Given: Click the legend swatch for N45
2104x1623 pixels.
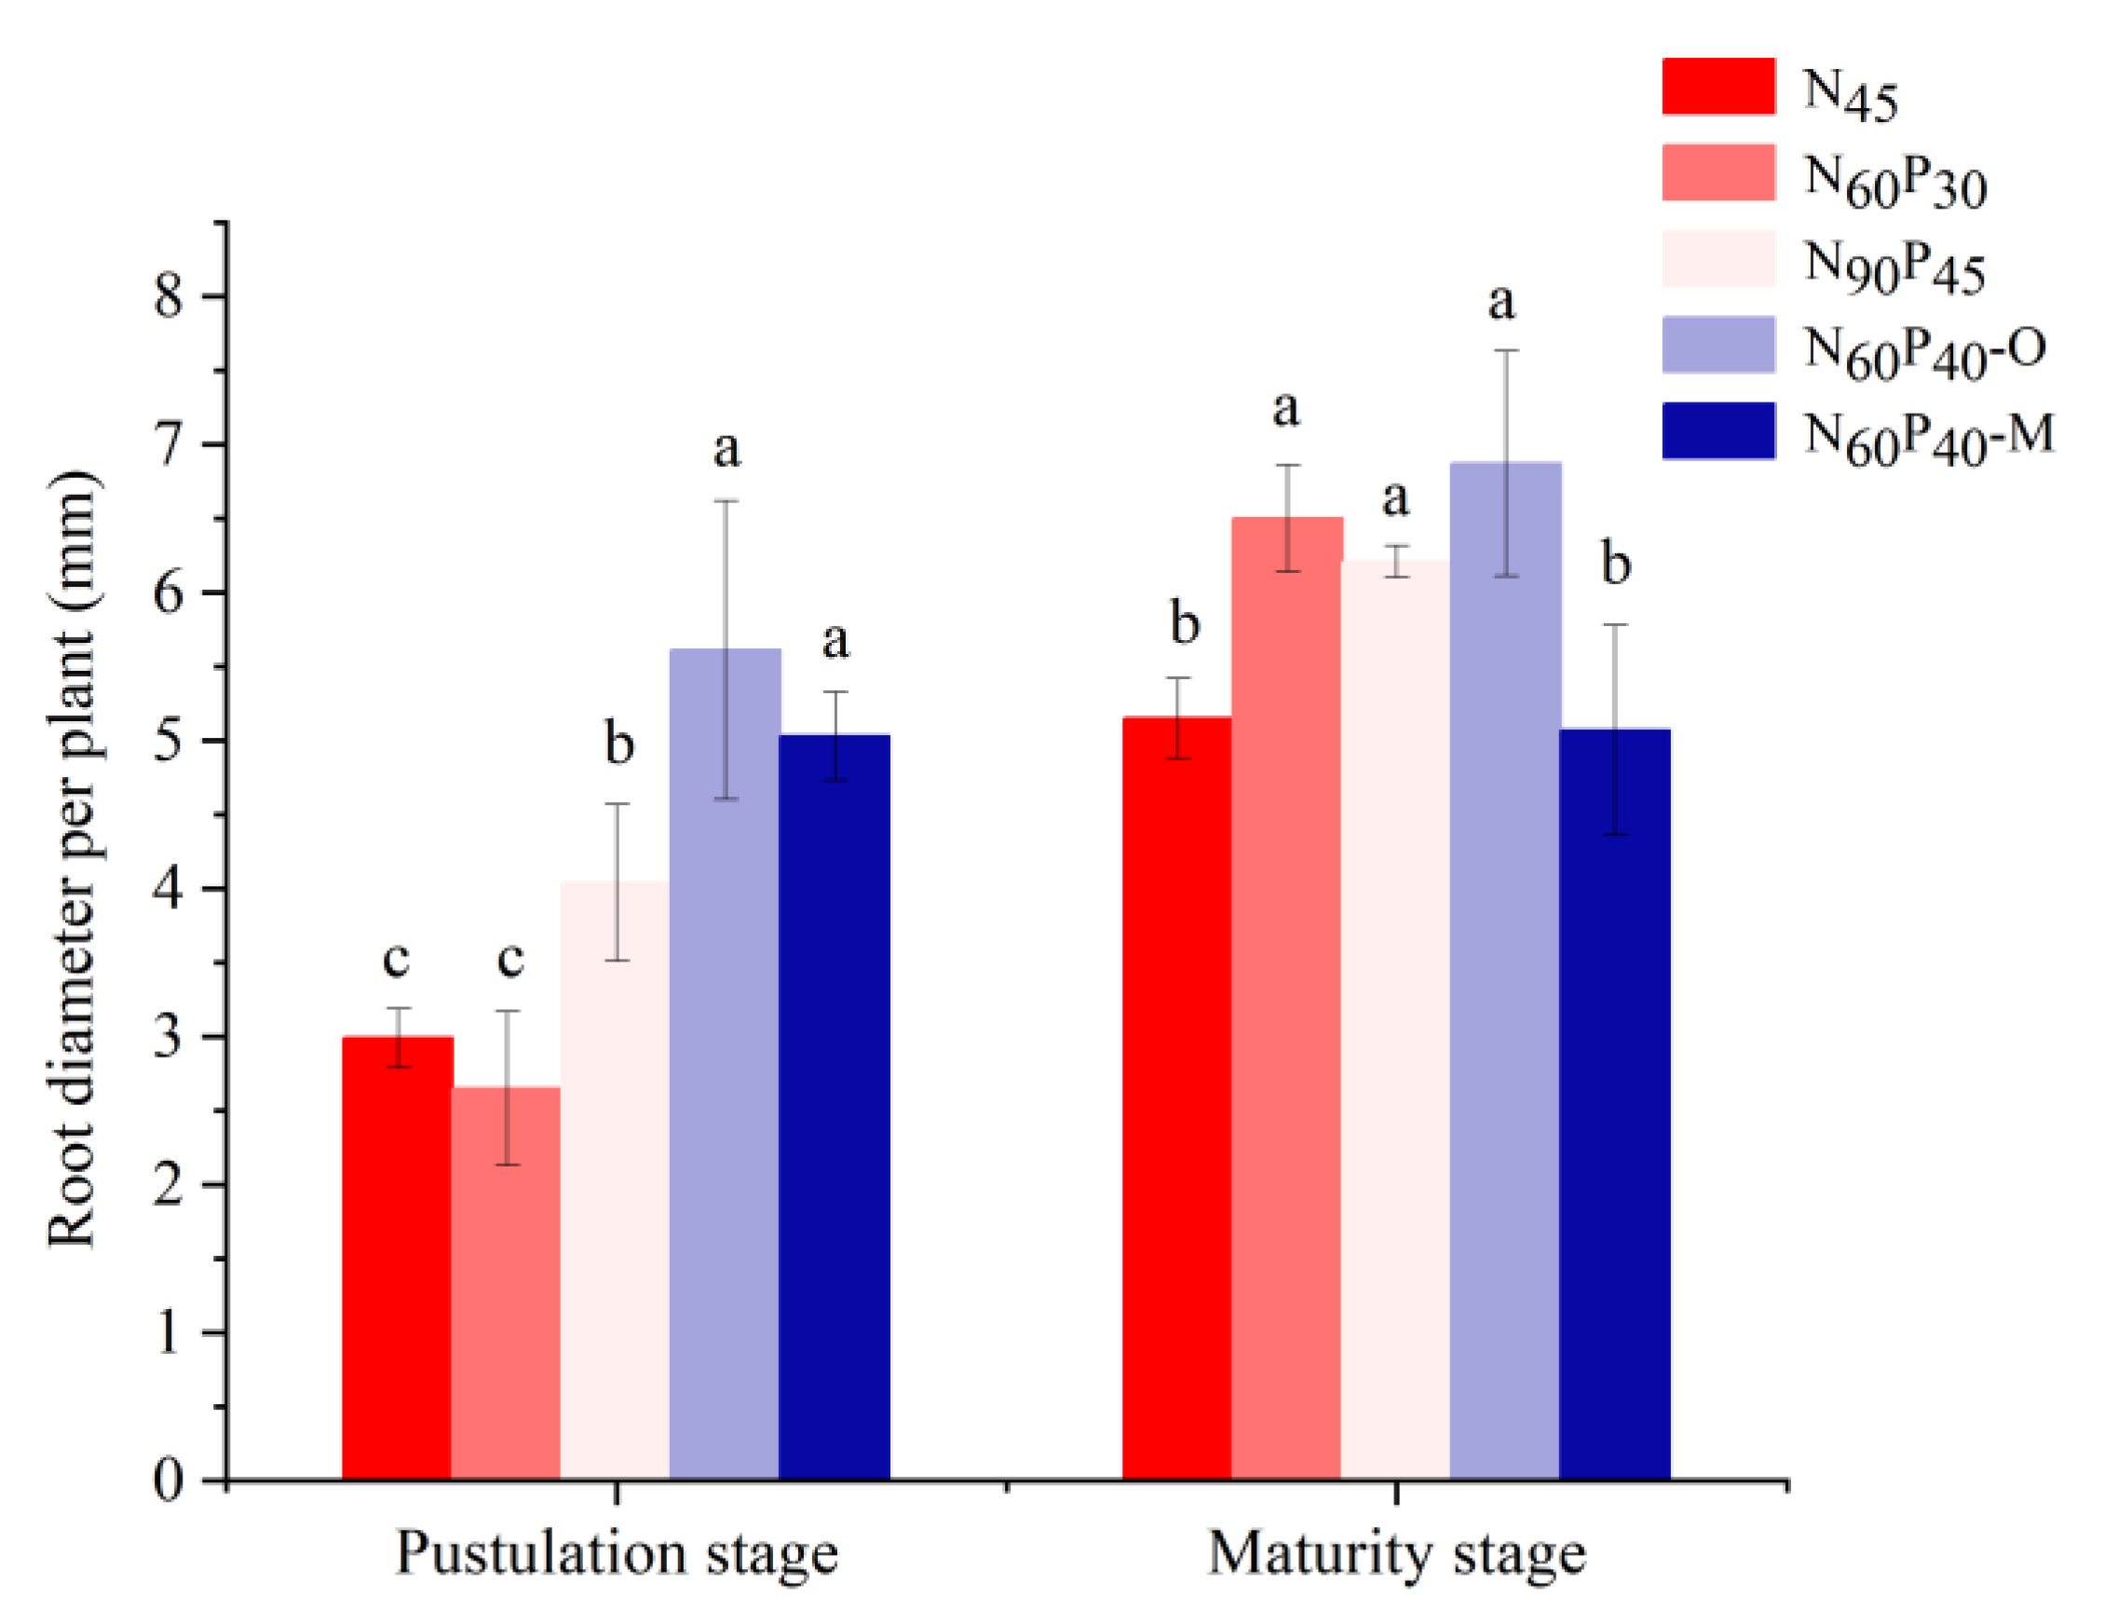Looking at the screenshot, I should pos(1718,87).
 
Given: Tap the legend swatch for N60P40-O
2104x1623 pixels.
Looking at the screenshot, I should pos(1718,344).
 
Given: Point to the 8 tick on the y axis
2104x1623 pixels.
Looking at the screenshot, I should pos(216,296).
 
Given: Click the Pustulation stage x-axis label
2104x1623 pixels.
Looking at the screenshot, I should pos(617,1554).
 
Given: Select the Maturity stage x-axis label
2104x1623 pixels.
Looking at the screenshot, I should pos(1396,1554).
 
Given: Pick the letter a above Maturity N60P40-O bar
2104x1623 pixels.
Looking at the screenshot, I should pos(1502,302).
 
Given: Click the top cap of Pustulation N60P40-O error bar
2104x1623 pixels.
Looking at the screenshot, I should pos(726,501).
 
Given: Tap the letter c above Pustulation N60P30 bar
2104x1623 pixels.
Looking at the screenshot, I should pos(509,959).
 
